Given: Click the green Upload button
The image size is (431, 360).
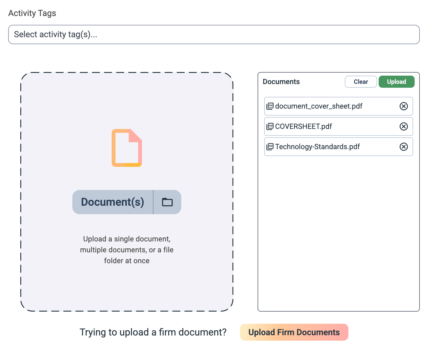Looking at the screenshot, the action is [x=396, y=82].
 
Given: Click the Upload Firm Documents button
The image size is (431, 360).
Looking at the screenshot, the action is [x=294, y=332].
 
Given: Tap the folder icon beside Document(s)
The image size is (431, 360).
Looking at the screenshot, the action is [x=167, y=202].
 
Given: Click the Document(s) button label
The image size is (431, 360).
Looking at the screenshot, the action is [x=113, y=202].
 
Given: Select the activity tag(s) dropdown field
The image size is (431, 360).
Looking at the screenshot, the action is [x=214, y=34].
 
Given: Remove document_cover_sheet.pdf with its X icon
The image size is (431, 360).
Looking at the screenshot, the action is [x=403, y=106].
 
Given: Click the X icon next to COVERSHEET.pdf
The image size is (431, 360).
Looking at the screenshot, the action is [x=403, y=126].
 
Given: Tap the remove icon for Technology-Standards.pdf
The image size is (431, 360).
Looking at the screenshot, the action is [x=403, y=147].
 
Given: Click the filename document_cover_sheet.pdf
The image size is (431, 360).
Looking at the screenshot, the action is [x=319, y=106].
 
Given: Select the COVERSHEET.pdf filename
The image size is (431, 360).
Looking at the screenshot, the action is [x=304, y=126].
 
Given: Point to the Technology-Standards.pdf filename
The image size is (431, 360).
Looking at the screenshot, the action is [x=317, y=147].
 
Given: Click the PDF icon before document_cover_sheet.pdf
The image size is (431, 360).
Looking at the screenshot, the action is [x=270, y=106].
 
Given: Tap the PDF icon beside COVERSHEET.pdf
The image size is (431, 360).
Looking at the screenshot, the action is [x=270, y=126].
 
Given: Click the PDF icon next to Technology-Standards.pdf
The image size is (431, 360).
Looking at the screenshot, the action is [x=270, y=147].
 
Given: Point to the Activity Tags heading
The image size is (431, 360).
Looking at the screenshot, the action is [x=32, y=13].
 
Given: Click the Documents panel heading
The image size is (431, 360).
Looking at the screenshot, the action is [x=281, y=82].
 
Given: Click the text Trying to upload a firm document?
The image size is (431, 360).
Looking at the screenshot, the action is [x=153, y=332].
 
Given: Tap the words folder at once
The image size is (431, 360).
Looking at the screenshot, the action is [x=127, y=260].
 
